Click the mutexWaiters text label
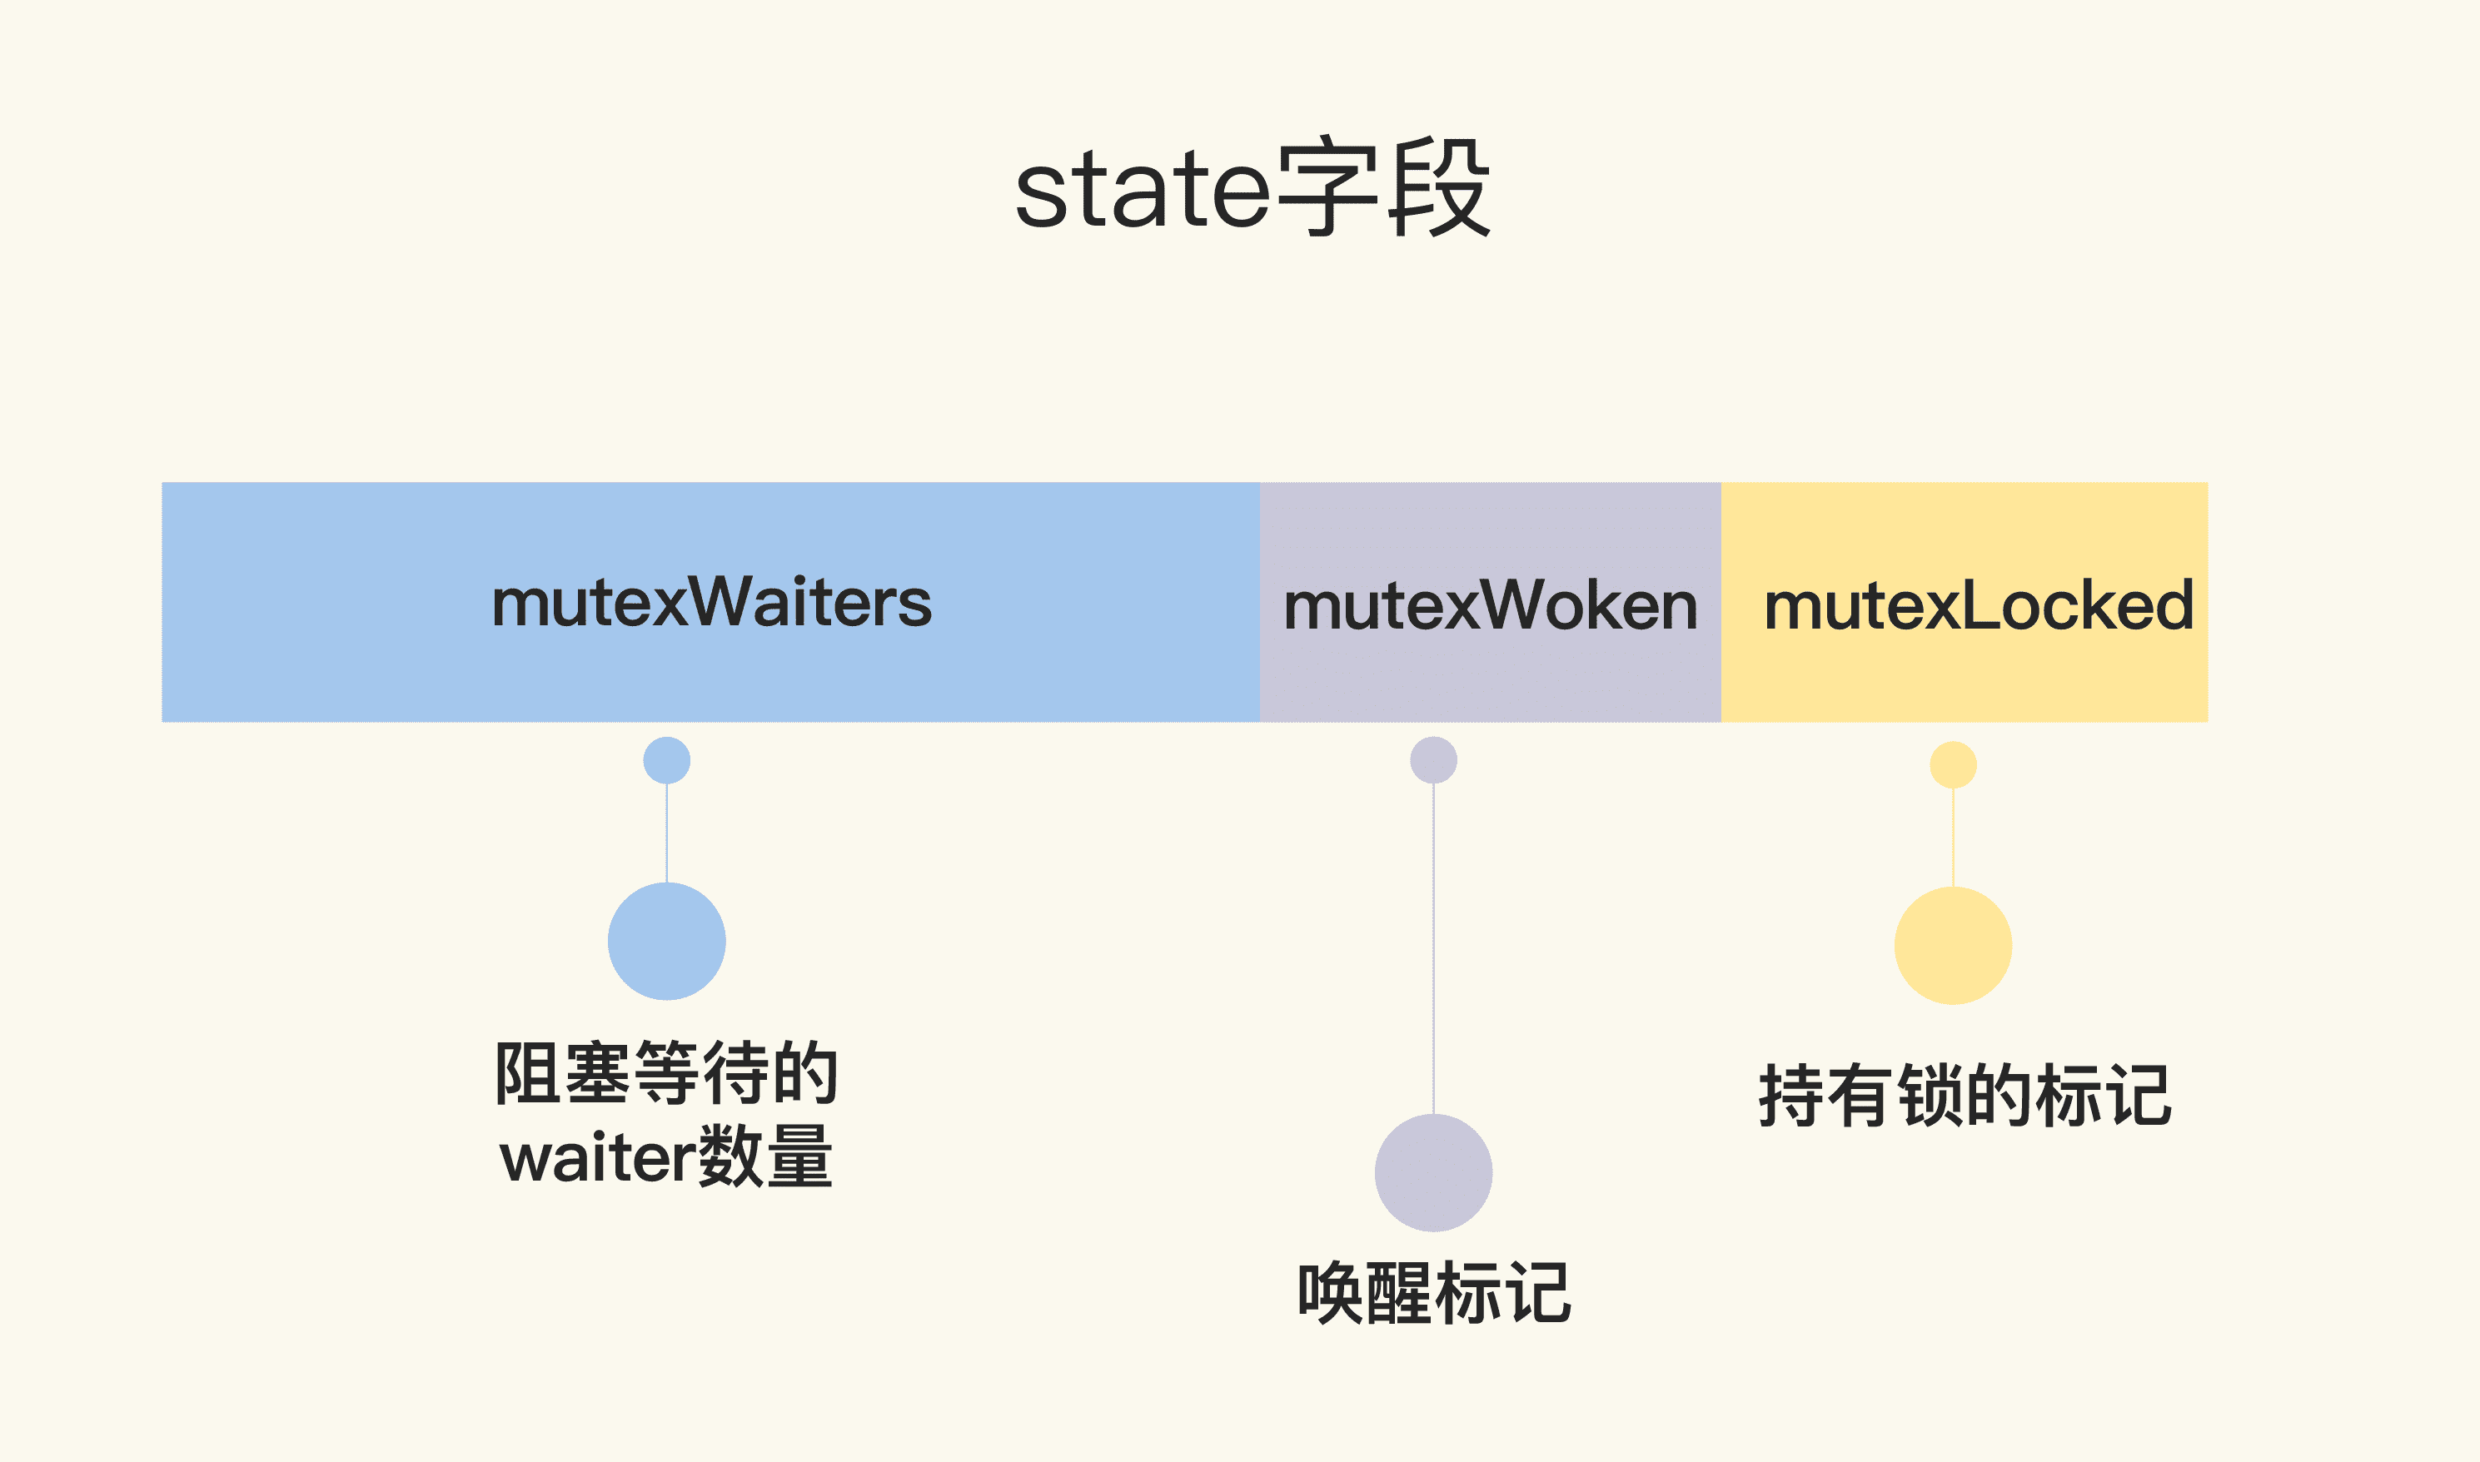(710, 602)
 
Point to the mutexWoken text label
(1490, 605)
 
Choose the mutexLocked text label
(1978, 605)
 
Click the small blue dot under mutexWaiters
(667, 760)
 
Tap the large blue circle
(667, 941)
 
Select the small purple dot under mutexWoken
(1433, 760)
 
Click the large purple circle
(1433, 1172)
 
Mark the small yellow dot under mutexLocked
(1953, 764)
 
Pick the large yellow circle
(1953, 946)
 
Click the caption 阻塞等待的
(666, 1073)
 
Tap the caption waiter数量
(666, 1156)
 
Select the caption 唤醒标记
(1433, 1292)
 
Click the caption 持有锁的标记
(1965, 1096)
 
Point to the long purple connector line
(1433, 946)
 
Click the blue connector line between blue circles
(667, 833)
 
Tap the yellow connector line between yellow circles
(1953, 838)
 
